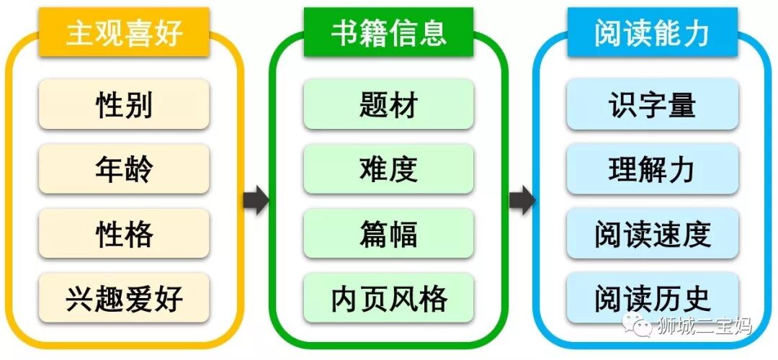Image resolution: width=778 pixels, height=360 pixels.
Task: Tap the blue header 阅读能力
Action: click(x=653, y=33)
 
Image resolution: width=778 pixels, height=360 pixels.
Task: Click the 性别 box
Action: click(x=124, y=104)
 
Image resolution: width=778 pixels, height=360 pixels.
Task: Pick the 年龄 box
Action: click(x=124, y=169)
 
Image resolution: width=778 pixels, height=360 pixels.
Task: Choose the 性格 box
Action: click(x=124, y=233)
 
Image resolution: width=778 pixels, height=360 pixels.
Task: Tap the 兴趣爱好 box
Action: click(x=124, y=297)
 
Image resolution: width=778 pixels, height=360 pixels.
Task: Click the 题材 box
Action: click(x=388, y=104)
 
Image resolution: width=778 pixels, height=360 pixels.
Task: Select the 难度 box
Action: click(x=388, y=169)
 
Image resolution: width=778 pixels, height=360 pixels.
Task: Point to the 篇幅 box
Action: click(x=388, y=233)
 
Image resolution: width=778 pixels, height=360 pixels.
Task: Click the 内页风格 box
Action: click(x=388, y=297)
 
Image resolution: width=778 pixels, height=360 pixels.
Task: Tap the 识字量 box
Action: click(x=653, y=104)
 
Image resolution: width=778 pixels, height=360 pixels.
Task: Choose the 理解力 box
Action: click(x=653, y=169)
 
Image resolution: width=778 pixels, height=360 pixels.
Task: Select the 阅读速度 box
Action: click(x=653, y=233)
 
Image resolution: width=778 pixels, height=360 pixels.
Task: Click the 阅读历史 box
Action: click(x=653, y=297)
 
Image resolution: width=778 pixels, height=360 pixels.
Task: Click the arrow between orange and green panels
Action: click(x=256, y=200)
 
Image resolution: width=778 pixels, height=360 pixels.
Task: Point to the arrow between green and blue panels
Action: click(x=522, y=200)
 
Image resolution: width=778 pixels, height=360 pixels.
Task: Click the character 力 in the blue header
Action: click(x=696, y=33)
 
